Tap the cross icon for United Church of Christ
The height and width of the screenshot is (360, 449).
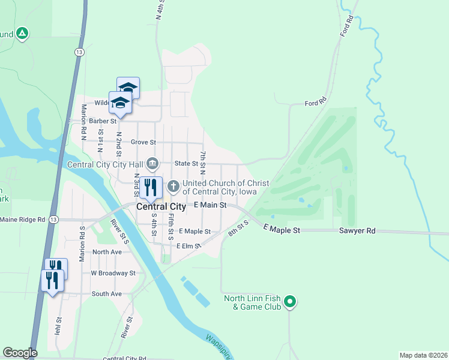click(x=173, y=187)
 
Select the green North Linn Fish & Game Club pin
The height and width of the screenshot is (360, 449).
click(x=290, y=302)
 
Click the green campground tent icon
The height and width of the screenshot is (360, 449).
click(x=22, y=34)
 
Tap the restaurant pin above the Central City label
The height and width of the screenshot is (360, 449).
click(x=151, y=187)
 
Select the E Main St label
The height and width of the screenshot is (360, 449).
click(x=210, y=205)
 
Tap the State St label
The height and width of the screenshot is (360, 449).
click(x=186, y=163)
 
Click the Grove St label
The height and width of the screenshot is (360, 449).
click(x=143, y=142)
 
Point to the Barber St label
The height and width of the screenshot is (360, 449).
click(x=101, y=121)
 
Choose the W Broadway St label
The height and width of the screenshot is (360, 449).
click(x=113, y=273)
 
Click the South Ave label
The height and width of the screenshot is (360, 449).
click(x=106, y=294)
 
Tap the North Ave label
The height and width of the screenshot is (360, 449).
click(x=107, y=252)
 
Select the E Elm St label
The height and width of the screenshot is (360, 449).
click(x=188, y=246)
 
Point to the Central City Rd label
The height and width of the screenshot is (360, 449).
click(x=124, y=358)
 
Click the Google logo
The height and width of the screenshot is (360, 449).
click(x=20, y=353)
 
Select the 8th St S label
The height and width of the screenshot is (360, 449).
click(x=238, y=229)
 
